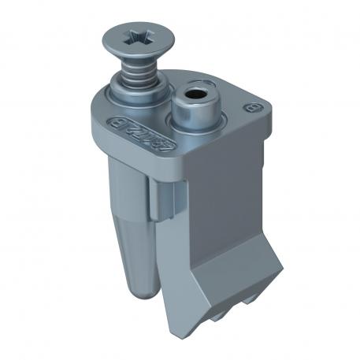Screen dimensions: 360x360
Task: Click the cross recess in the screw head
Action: coord(135,35)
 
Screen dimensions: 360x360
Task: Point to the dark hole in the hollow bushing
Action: coord(193,100)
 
